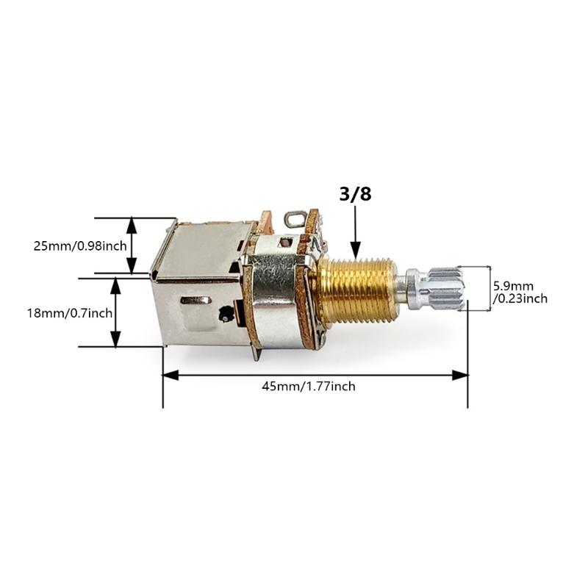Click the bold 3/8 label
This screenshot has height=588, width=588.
pos(354,196)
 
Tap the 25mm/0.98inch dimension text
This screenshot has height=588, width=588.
pos(79,245)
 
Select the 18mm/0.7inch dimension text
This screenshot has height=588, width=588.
pos(70,312)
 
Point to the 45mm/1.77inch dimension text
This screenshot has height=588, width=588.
pos(309,386)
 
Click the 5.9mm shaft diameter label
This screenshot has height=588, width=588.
pos(513,285)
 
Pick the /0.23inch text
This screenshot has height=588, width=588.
pos(520,298)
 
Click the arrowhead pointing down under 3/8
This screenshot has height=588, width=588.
pos(354,250)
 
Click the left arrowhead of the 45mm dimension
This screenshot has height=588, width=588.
pos(170,375)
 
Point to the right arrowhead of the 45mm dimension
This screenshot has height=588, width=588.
pos(461,375)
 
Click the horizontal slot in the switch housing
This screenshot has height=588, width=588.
pos(196,300)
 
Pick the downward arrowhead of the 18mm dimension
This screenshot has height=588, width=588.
pos(115,340)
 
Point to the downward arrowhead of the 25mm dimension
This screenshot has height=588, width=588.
pos(132,268)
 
